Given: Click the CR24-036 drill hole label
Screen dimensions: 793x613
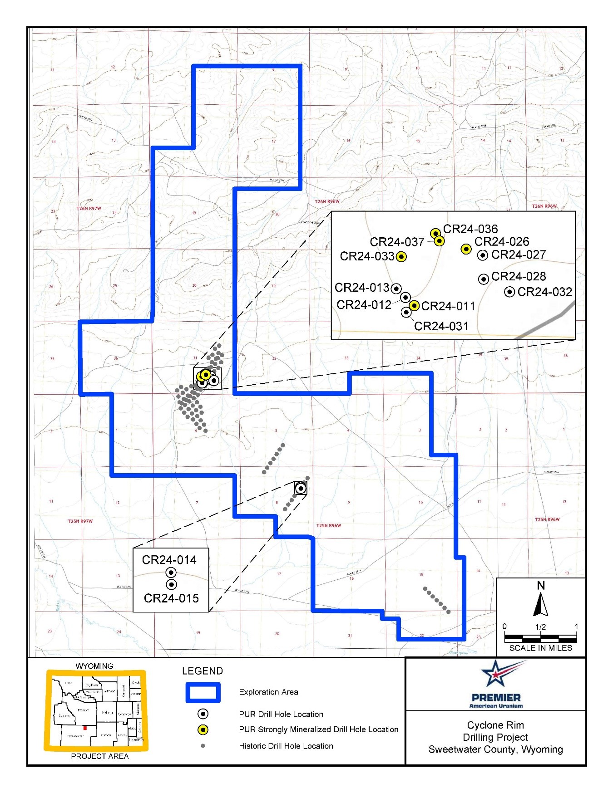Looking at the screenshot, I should click(470, 229).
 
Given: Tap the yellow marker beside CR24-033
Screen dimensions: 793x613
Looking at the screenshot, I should click(401, 257).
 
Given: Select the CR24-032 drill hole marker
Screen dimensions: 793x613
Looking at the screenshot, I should click(509, 292).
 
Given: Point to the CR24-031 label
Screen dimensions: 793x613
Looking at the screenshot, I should click(441, 326).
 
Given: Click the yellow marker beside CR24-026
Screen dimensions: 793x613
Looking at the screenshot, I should click(466, 249).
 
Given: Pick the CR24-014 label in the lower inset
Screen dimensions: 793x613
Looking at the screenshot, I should click(169, 560).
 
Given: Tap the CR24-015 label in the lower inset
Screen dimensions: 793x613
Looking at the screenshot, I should click(171, 598).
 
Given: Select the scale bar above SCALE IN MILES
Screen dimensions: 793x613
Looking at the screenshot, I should click(540, 638).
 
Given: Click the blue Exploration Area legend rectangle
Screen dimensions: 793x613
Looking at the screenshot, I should click(203, 692).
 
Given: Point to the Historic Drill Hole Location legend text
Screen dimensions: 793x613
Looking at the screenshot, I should click(286, 746).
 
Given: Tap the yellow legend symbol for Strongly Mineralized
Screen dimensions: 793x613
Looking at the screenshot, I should click(203, 729).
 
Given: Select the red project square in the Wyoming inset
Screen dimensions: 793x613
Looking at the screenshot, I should click(85, 728).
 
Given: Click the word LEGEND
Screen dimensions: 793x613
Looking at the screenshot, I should click(203, 671).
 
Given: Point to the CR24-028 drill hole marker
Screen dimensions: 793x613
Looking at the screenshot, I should click(484, 279).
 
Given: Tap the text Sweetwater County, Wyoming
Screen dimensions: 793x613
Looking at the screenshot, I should click(495, 749).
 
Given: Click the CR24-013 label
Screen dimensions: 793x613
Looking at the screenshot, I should click(362, 288).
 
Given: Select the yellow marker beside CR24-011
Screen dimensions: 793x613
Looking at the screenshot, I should click(414, 306).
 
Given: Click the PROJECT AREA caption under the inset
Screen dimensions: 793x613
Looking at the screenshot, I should click(100, 756).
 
